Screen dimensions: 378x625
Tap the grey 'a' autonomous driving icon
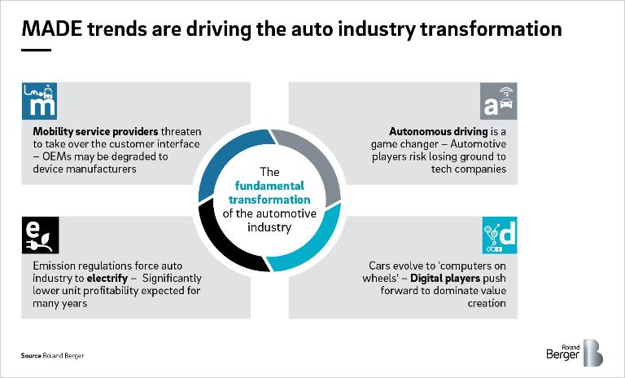point(500,102)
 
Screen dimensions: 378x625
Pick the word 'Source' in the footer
point(31,356)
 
